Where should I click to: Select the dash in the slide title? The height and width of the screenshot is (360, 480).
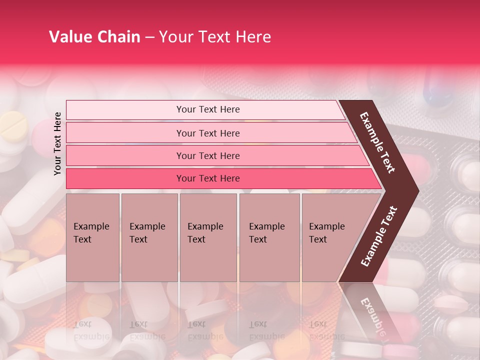click(x=149, y=37)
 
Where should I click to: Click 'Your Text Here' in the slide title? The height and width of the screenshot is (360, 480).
click(x=214, y=37)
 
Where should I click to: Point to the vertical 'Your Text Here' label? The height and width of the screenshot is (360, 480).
click(x=57, y=143)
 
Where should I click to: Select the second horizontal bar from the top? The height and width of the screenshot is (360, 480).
click(x=207, y=133)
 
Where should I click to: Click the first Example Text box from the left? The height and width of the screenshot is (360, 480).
click(x=92, y=237)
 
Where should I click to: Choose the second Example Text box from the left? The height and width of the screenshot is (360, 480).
click(x=149, y=237)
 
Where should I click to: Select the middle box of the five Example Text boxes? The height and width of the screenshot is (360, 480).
click(x=208, y=237)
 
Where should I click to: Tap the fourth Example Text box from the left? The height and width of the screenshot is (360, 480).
click(x=269, y=237)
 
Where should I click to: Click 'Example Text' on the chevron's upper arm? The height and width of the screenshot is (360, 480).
click(x=378, y=142)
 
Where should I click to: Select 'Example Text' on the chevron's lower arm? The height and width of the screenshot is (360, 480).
click(x=378, y=236)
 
